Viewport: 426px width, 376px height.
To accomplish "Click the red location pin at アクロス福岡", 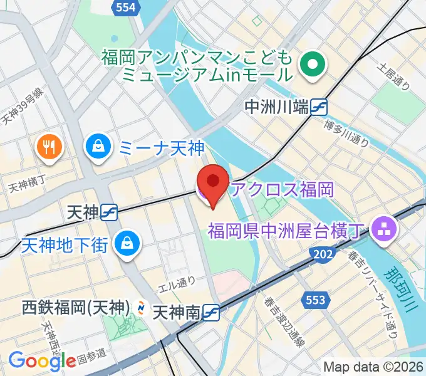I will coord(212,182).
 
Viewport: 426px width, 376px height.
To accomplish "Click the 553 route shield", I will coord(316,300).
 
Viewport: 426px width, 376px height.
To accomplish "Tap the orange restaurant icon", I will coord(49,147).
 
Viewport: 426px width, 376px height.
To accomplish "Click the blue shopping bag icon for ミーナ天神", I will coord(98,147).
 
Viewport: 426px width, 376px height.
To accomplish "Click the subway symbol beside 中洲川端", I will coord(319,107).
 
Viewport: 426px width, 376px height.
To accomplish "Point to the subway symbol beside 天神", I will coord(110,213).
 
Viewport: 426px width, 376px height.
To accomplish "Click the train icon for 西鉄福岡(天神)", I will coord(142,308).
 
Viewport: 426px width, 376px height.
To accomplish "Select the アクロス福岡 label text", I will coord(280,189).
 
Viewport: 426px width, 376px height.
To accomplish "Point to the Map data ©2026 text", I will coord(372,367).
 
